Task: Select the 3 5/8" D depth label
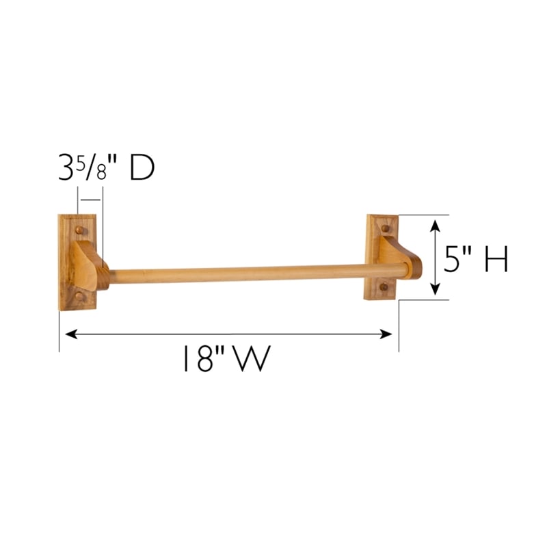pos(106,169)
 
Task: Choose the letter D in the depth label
pos(141,169)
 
